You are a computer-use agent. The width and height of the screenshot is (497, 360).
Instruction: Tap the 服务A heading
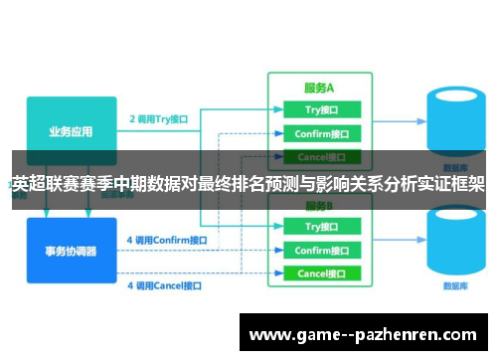(320, 88)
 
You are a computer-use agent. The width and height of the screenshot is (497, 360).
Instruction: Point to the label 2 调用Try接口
(159, 118)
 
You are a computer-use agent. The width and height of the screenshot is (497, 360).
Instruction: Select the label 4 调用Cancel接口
(164, 285)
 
